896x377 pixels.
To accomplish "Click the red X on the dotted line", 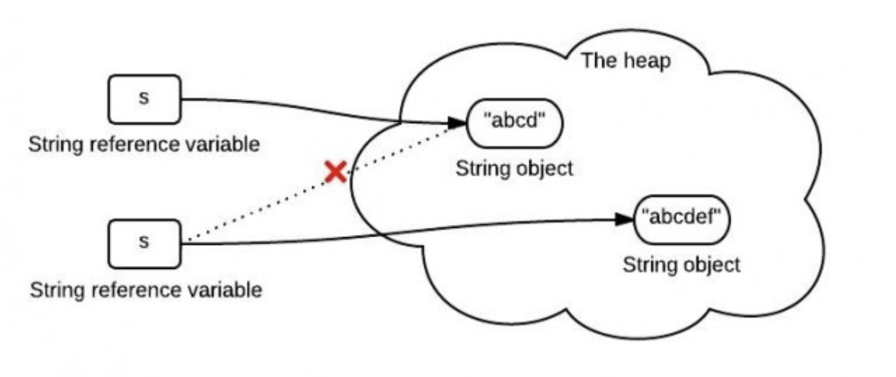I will pyautogui.click(x=335, y=173).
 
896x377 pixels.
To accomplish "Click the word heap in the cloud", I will pyautogui.click(x=648, y=61).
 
